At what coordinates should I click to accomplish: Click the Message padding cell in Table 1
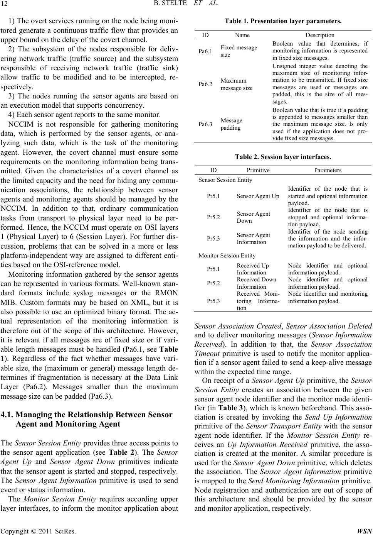point(232,124)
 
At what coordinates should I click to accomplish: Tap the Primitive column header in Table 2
point(258,170)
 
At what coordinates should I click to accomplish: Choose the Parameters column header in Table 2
point(328,170)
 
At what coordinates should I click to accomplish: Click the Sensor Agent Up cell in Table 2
point(258,196)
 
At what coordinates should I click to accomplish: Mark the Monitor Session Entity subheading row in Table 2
point(227,255)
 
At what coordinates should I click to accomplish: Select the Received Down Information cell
point(251,283)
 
